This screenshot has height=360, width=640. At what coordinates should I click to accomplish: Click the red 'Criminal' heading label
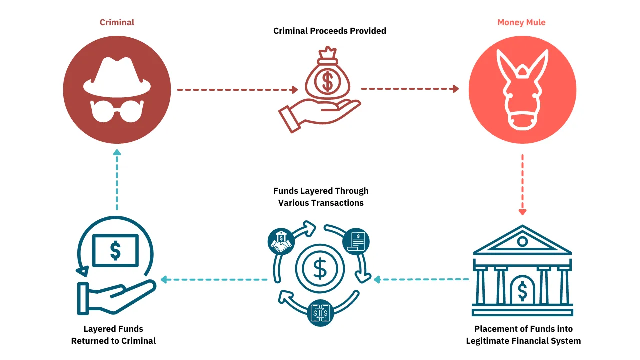117,22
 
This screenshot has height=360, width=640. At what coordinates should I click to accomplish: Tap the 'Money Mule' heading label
521,22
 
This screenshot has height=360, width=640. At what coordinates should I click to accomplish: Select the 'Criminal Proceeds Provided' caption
329,31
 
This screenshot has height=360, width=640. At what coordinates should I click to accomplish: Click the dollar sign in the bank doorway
522,291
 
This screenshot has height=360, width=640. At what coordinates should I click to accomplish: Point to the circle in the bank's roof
522,242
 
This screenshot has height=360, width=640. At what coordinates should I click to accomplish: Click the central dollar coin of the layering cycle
320,269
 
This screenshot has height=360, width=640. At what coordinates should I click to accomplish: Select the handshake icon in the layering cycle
281,242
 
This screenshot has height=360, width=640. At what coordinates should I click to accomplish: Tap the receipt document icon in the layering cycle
356,241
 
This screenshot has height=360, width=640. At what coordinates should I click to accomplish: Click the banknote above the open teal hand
115,250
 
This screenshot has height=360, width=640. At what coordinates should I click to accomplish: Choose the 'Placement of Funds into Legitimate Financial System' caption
523,335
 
